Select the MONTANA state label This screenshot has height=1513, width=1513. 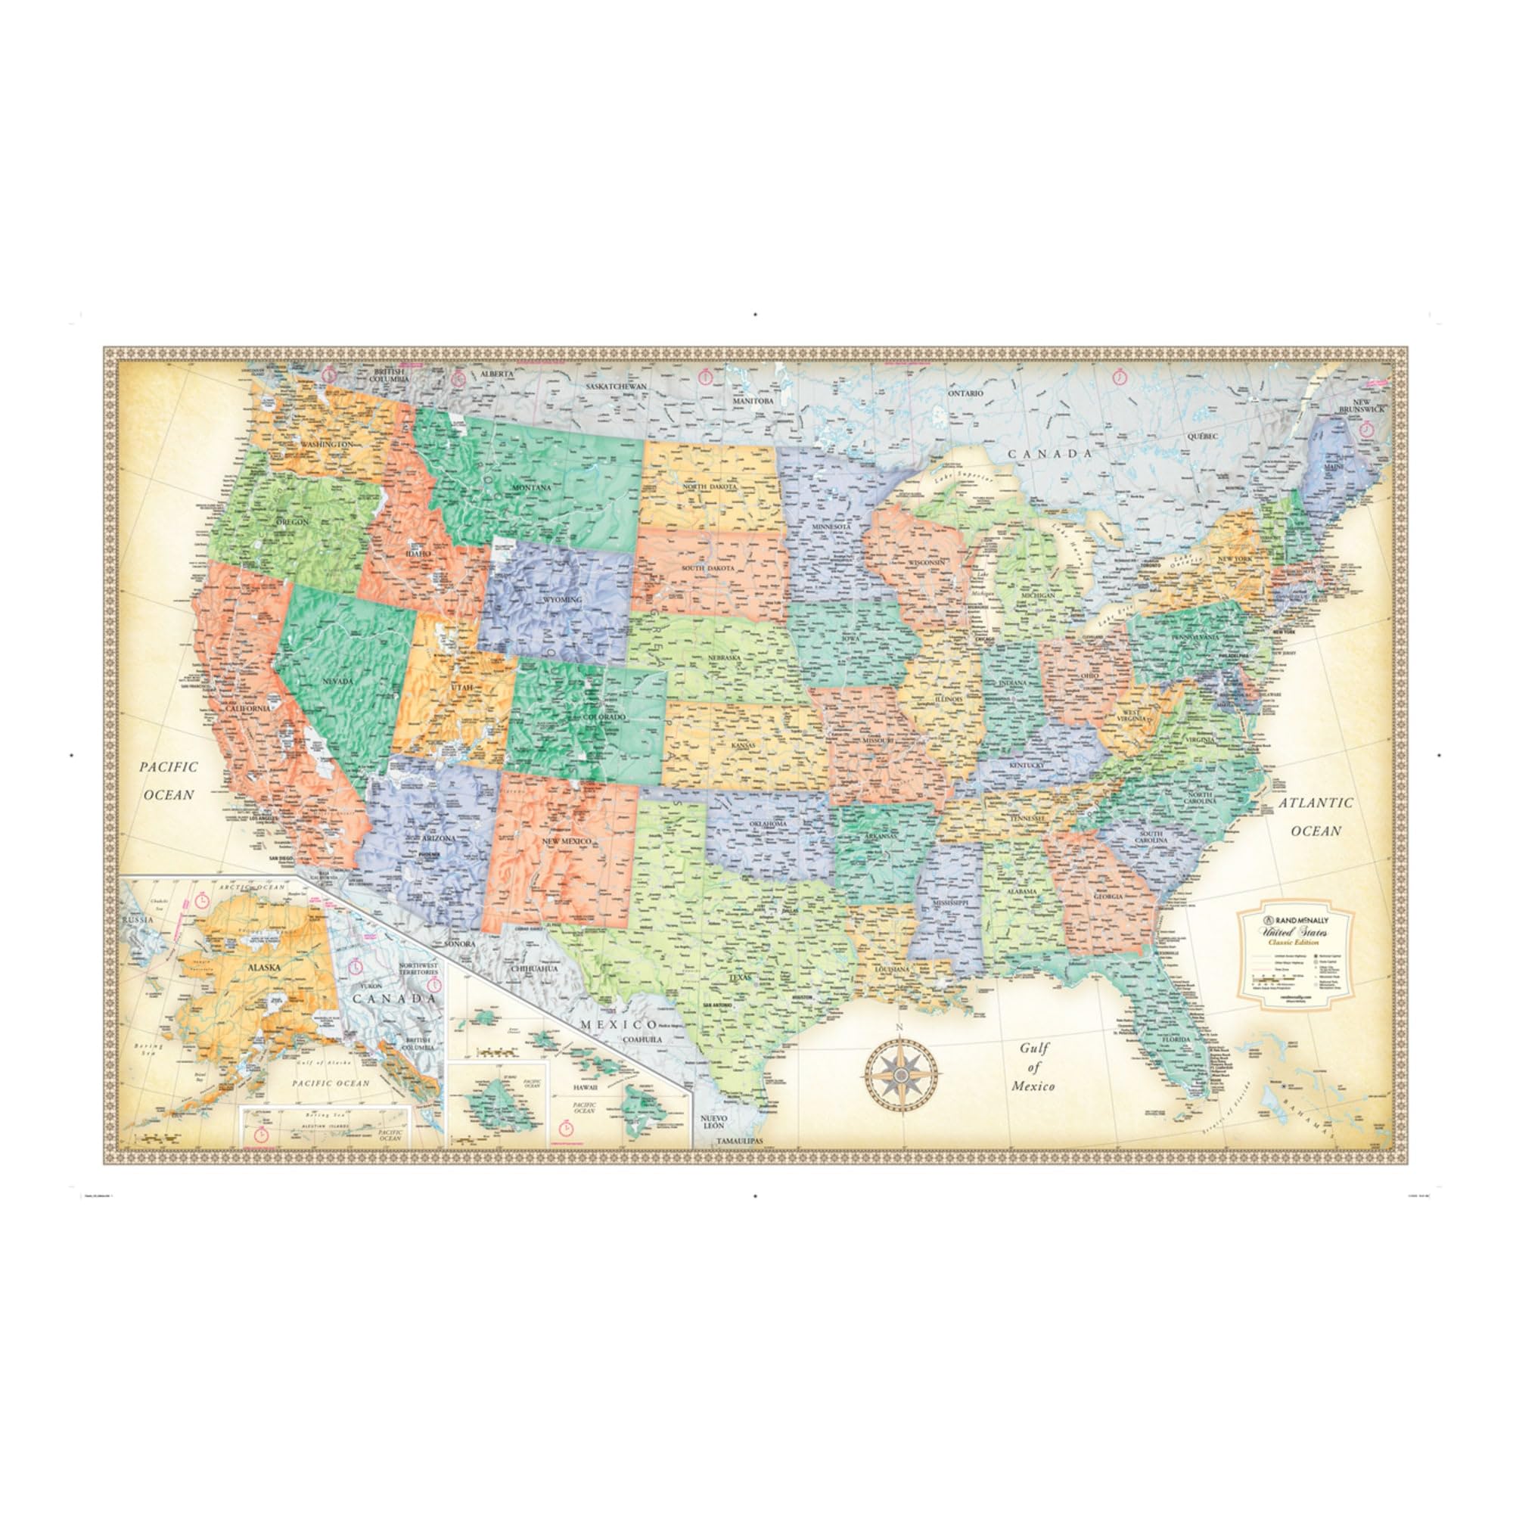click(x=533, y=487)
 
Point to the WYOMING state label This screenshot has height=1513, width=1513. click(x=562, y=600)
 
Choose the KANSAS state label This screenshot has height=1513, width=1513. click(x=744, y=746)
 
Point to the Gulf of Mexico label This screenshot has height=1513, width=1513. click(x=1033, y=1067)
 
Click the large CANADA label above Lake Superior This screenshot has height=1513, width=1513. click(x=1049, y=453)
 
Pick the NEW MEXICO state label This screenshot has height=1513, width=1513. click(x=566, y=840)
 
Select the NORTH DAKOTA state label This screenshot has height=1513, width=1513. click(x=710, y=487)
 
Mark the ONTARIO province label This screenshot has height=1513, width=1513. click(x=965, y=393)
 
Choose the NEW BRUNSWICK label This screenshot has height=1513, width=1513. click(x=1362, y=405)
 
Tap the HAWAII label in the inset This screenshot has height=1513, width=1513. click(x=584, y=1089)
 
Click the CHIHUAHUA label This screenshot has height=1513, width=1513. click(x=534, y=969)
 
